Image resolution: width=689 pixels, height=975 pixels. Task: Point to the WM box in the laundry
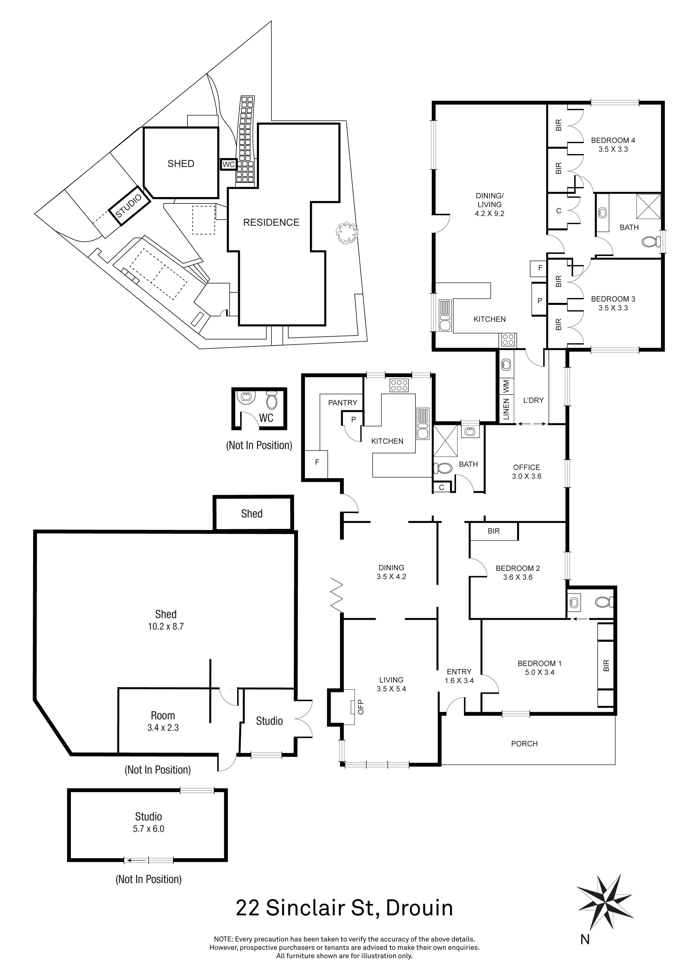click(x=506, y=386)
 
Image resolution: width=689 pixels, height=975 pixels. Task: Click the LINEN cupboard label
click(x=506, y=409)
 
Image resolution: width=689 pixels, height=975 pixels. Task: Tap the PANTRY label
click(x=342, y=402)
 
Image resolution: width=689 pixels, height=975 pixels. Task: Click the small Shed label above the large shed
click(x=252, y=514)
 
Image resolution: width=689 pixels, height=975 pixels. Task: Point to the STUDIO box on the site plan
click(x=129, y=206)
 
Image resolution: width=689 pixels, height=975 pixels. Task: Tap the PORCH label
click(x=524, y=743)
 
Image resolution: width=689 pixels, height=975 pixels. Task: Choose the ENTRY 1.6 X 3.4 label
click(x=459, y=676)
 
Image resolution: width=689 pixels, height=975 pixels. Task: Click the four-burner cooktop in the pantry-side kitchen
click(x=399, y=385)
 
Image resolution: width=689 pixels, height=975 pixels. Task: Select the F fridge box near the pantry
click(x=317, y=462)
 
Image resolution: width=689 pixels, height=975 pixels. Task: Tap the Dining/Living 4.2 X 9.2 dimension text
click(x=489, y=214)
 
